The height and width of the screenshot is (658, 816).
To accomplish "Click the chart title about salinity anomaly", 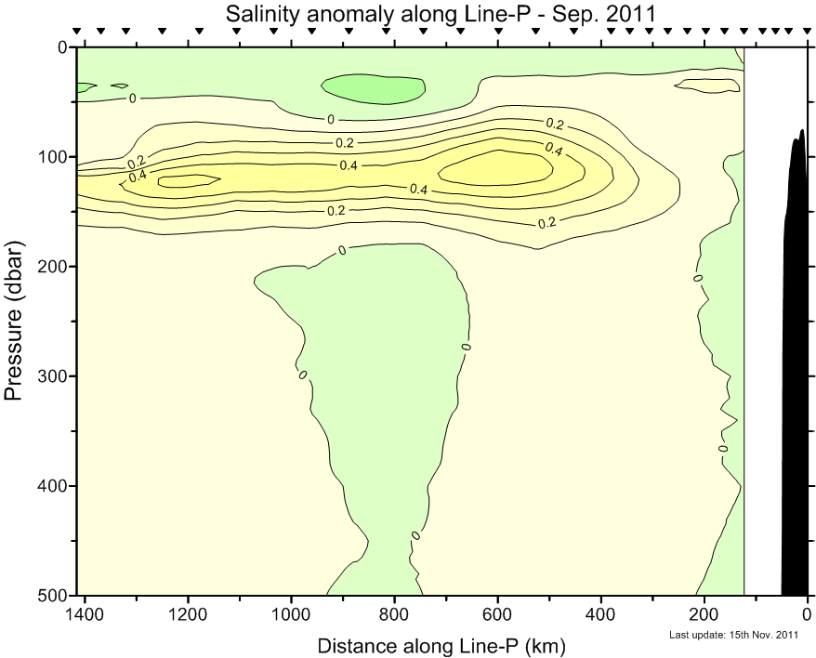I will click(x=441, y=13).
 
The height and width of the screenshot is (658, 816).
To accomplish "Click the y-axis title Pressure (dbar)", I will click(x=14, y=320).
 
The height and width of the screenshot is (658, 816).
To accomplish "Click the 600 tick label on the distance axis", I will click(x=498, y=614).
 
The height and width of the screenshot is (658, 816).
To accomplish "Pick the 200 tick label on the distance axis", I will click(x=704, y=614).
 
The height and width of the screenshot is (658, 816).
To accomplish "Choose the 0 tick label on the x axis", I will click(x=807, y=614).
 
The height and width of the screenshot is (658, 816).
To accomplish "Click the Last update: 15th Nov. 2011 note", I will click(x=734, y=636).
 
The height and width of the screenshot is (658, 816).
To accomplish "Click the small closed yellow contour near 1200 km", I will click(x=189, y=181).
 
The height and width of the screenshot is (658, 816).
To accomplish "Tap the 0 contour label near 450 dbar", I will click(x=415, y=534).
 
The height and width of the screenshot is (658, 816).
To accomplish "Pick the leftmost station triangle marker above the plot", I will click(x=77, y=32).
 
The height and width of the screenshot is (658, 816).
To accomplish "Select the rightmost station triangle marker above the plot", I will click(x=805, y=32).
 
